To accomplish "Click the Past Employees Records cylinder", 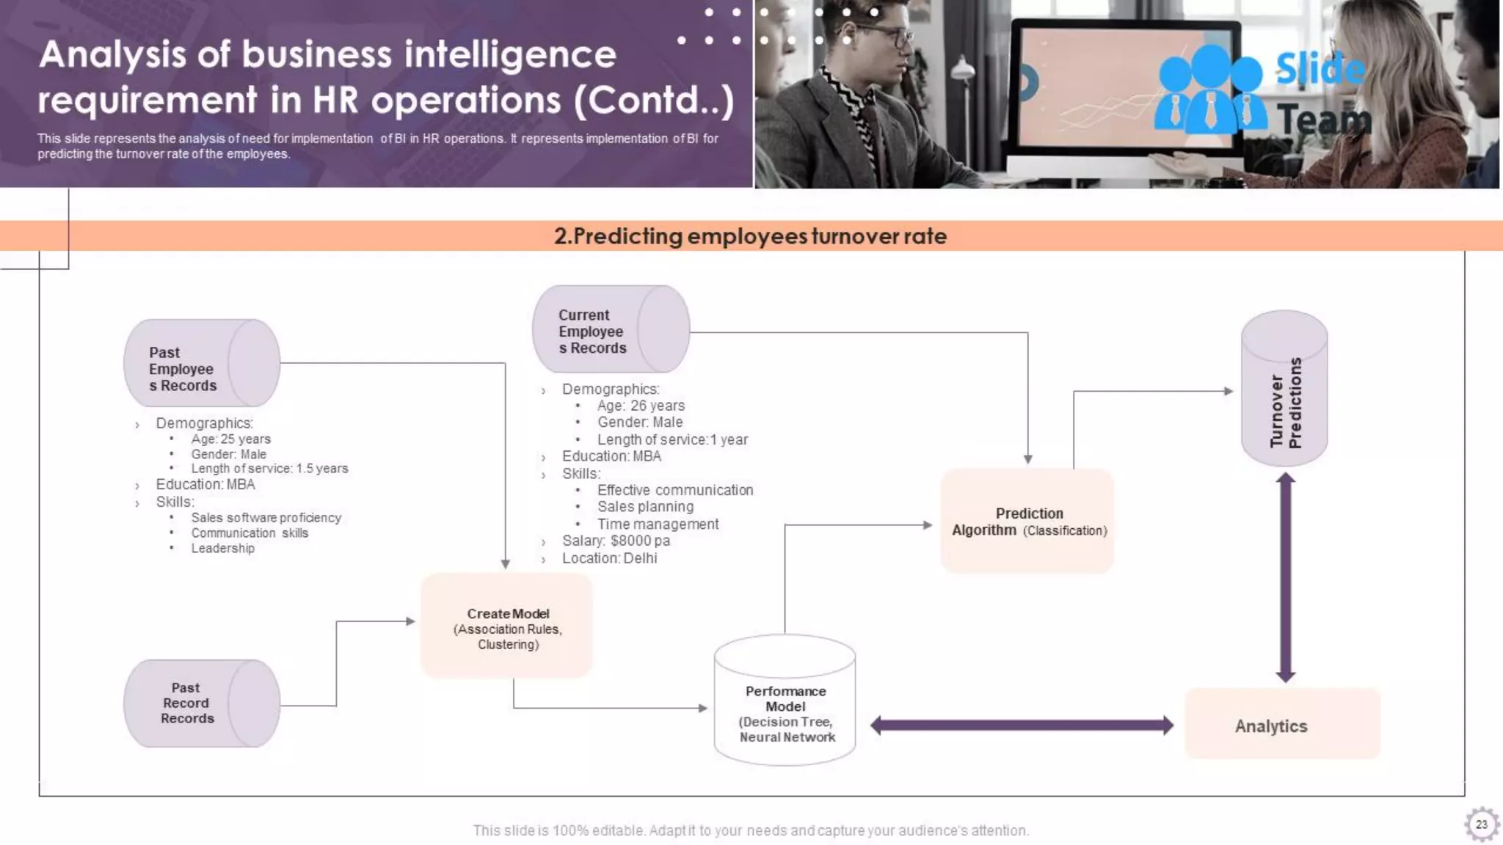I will point(201,363).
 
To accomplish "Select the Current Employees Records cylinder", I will point(610,330).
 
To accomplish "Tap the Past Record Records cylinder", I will point(201,703).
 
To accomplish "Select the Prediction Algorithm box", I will point(1027,522).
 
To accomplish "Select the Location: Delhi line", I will point(609,558).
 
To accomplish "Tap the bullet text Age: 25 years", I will point(230,439).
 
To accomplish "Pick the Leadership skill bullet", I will point(222,548).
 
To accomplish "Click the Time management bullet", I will point(658,524).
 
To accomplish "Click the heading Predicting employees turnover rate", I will point(750,236).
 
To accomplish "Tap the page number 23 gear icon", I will point(1481,824).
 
